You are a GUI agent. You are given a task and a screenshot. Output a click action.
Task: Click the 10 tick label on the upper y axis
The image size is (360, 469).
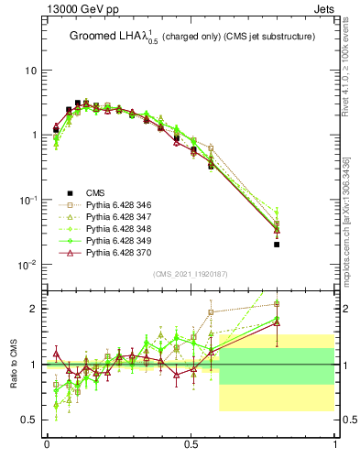point(30,71)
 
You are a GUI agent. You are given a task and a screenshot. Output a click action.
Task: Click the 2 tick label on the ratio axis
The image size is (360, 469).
point(35,309)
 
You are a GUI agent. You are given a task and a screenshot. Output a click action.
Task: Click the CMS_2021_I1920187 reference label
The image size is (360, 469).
point(189,274)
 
